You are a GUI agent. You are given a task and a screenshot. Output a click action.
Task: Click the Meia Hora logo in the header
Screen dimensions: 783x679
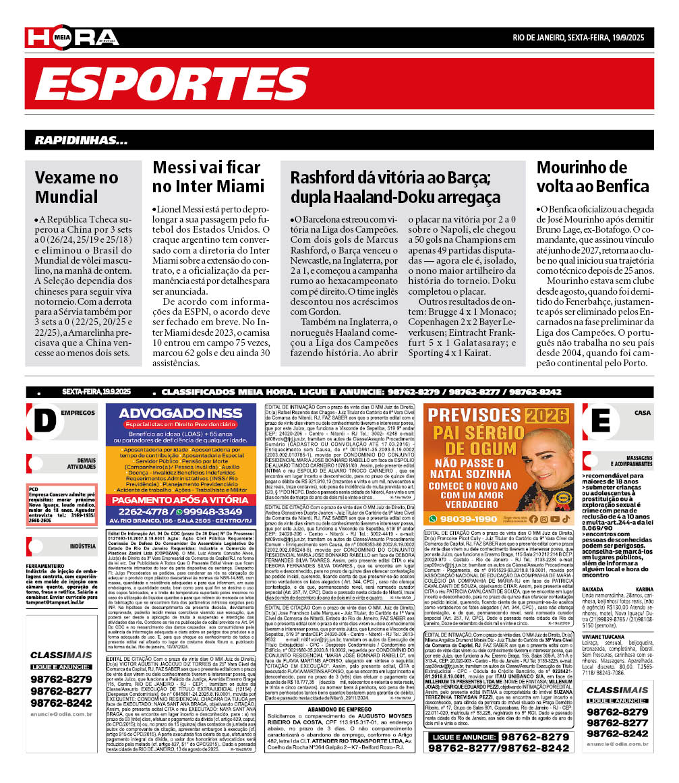(72, 38)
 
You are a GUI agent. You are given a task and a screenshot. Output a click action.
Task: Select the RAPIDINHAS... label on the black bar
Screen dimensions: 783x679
(81, 141)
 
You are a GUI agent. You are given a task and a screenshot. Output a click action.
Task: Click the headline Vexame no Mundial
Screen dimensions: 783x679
(76, 187)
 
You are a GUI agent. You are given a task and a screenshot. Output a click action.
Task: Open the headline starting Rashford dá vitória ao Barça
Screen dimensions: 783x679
(395, 187)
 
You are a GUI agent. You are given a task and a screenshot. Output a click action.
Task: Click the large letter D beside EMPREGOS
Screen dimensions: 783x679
(45, 420)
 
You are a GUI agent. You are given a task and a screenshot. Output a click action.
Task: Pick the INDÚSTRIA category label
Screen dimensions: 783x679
(82, 546)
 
